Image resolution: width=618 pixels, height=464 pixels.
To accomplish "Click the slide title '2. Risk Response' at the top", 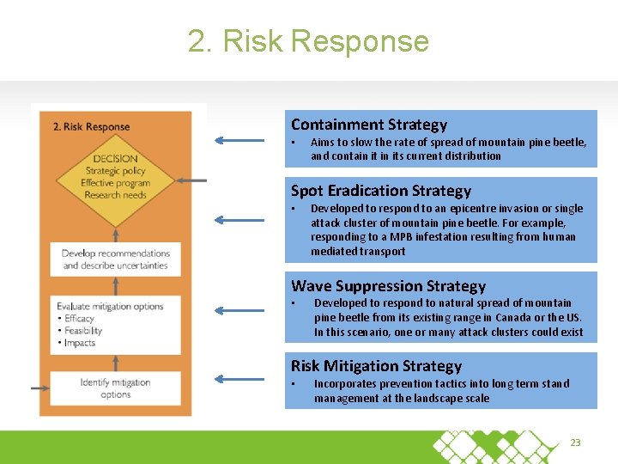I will pyautogui.click(x=308, y=41).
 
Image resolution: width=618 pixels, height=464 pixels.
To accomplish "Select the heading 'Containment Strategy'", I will pyautogui.click(x=369, y=125).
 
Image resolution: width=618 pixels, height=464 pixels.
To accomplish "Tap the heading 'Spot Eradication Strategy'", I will pyautogui.click(x=381, y=191).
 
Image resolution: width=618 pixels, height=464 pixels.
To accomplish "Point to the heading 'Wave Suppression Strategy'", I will pyautogui.click(x=388, y=286).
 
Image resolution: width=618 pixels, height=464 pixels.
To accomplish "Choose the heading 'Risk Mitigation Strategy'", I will pyautogui.click(x=376, y=366).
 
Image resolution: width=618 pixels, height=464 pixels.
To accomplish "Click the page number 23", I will pyautogui.click(x=575, y=443).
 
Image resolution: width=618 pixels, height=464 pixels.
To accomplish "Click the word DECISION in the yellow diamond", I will pyautogui.click(x=115, y=158).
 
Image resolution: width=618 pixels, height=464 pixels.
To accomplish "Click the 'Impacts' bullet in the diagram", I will pyautogui.click(x=80, y=343).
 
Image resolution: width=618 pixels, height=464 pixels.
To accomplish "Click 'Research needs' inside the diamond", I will pyautogui.click(x=115, y=195).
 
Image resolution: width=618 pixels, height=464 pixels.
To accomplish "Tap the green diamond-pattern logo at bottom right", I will pyautogui.click(x=498, y=445).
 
